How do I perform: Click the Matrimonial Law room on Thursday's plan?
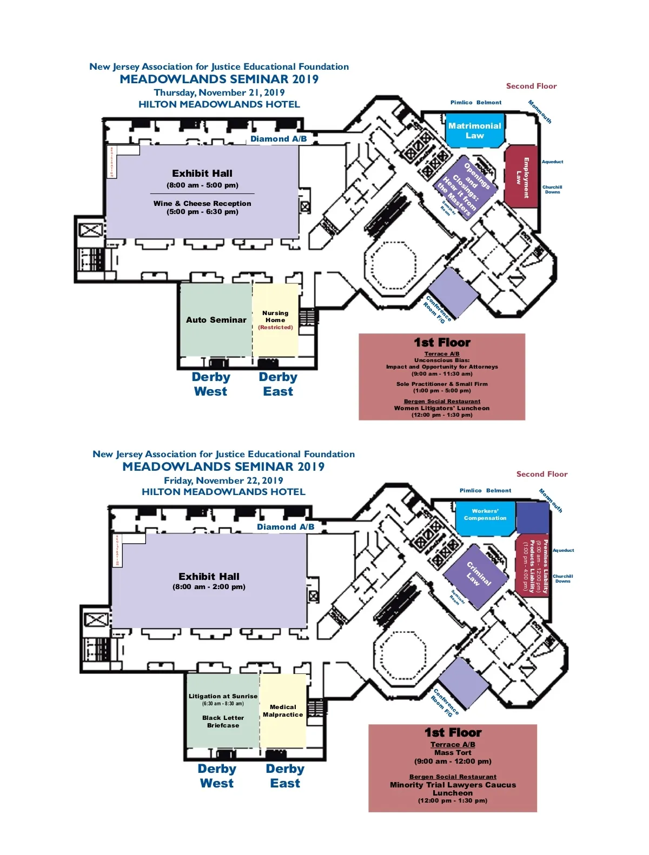(x=474, y=130)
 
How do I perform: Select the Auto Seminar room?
(x=216, y=320)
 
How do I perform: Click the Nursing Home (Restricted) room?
(x=275, y=320)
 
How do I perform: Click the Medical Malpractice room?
(x=283, y=711)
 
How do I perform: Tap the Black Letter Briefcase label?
(x=223, y=722)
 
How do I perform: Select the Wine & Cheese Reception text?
(x=202, y=204)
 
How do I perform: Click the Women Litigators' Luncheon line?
(x=442, y=409)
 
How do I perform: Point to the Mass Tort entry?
(x=453, y=752)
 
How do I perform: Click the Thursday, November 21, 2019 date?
(x=219, y=92)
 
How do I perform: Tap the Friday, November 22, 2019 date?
(x=223, y=480)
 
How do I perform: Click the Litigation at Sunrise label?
(x=223, y=696)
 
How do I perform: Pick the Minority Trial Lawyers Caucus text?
(x=453, y=785)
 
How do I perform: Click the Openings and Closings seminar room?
(x=463, y=188)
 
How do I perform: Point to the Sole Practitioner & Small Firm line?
(x=442, y=384)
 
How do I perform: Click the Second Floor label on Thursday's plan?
(x=531, y=86)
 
